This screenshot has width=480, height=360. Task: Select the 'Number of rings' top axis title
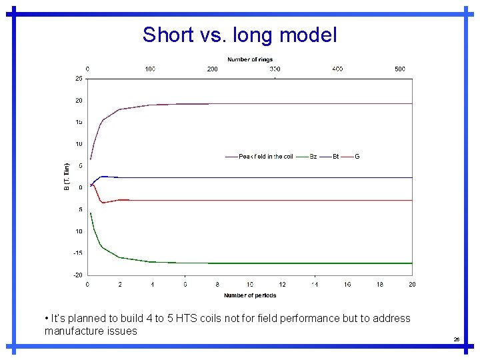click(x=249, y=59)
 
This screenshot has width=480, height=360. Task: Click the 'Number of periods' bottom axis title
click(x=250, y=295)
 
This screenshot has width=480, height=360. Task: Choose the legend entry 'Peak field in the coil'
click(x=265, y=157)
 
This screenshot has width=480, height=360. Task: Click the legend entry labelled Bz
click(x=313, y=157)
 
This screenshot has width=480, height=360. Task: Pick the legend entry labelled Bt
click(x=335, y=157)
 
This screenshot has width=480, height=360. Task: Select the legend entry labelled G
click(x=357, y=157)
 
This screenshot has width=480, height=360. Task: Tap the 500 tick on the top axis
click(x=400, y=69)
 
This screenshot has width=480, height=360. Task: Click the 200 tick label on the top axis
click(x=212, y=69)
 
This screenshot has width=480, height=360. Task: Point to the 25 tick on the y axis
click(x=79, y=79)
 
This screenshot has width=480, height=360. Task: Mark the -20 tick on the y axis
click(x=78, y=275)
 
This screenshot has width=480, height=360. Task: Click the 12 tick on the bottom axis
click(x=282, y=285)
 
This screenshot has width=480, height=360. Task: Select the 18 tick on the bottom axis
click(x=379, y=285)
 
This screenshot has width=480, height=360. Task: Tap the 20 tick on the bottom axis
click(x=412, y=285)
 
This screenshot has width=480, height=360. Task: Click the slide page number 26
click(x=456, y=339)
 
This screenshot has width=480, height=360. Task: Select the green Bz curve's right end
click(x=411, y=263)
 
